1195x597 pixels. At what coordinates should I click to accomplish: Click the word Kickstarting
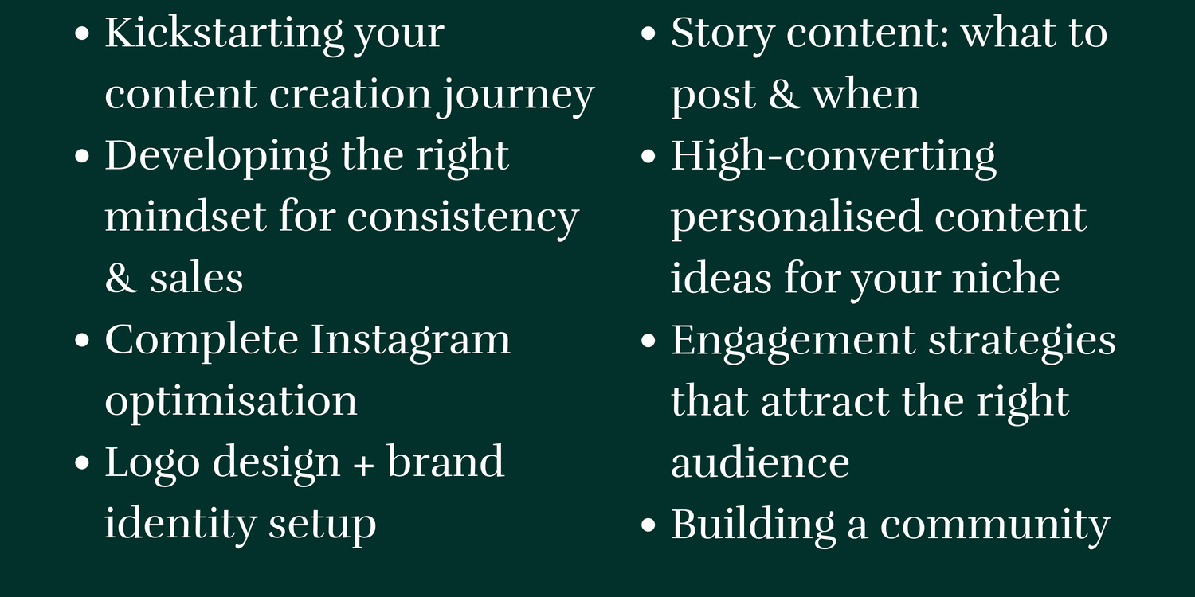(x=224, y=34)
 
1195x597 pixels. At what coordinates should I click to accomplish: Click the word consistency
(x=463, y=219)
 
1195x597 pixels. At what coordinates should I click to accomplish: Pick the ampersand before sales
(x=120, y=278)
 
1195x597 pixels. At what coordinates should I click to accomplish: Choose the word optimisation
(x=230, y=403)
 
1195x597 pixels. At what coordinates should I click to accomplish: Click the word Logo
(x=152, y=463)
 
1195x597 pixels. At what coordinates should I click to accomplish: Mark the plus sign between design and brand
(x=363, y=464)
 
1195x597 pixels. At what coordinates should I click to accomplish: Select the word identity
(x=180, y=525)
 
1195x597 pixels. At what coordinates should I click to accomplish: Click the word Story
(x=723, y=34)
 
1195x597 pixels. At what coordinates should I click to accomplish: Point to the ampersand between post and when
(x=784, y=94)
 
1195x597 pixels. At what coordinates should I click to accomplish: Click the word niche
(x=1005, y=278)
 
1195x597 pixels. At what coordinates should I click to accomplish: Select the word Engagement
(x=793, y=341)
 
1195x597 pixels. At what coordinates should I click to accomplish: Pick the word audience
(x=760, y=463)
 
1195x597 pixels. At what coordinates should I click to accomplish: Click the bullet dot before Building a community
(x=648, y=525)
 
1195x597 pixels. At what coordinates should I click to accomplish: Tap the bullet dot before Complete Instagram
(x=81, y=341)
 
